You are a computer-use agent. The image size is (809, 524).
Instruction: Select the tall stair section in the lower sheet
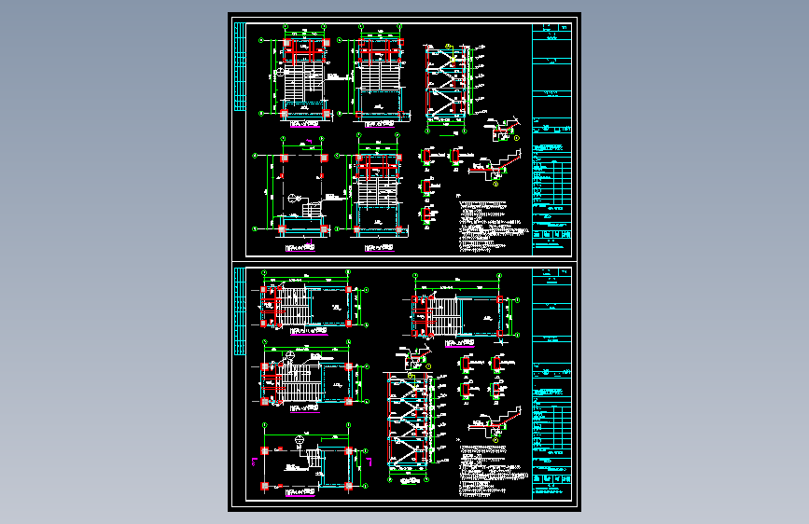coord(407,424)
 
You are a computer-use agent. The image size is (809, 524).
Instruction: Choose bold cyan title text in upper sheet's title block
coord(551,148)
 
